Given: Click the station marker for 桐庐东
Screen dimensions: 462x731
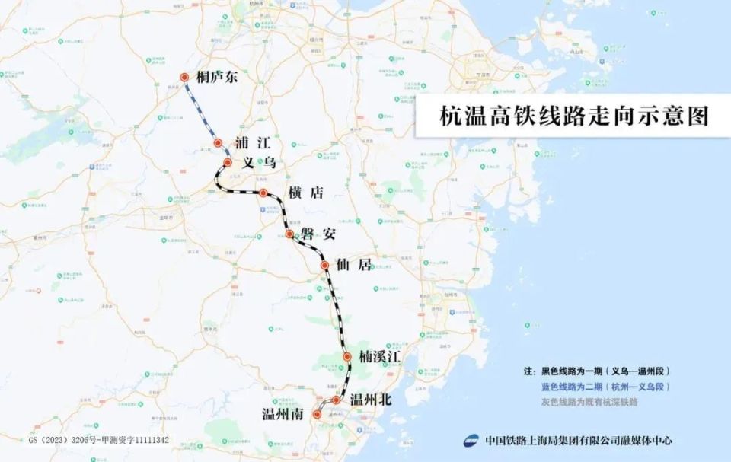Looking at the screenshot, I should [184, 77].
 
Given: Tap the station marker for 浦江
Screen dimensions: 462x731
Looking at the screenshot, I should [218, 142].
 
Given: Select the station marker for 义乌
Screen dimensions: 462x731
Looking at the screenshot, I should [228, 162].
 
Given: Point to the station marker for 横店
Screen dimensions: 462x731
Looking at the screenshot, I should [263, 193].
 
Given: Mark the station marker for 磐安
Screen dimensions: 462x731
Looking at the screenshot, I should [289, 234].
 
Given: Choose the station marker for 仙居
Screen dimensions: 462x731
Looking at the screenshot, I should [325, 266].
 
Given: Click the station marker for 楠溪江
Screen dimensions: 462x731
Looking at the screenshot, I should [347, 356].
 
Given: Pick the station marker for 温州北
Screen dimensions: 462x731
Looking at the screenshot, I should [336, 399].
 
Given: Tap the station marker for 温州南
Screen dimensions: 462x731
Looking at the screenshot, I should [318, 415].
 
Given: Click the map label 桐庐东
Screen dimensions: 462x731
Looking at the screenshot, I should [217, 77].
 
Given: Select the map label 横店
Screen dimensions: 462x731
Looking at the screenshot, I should [305, 193].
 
